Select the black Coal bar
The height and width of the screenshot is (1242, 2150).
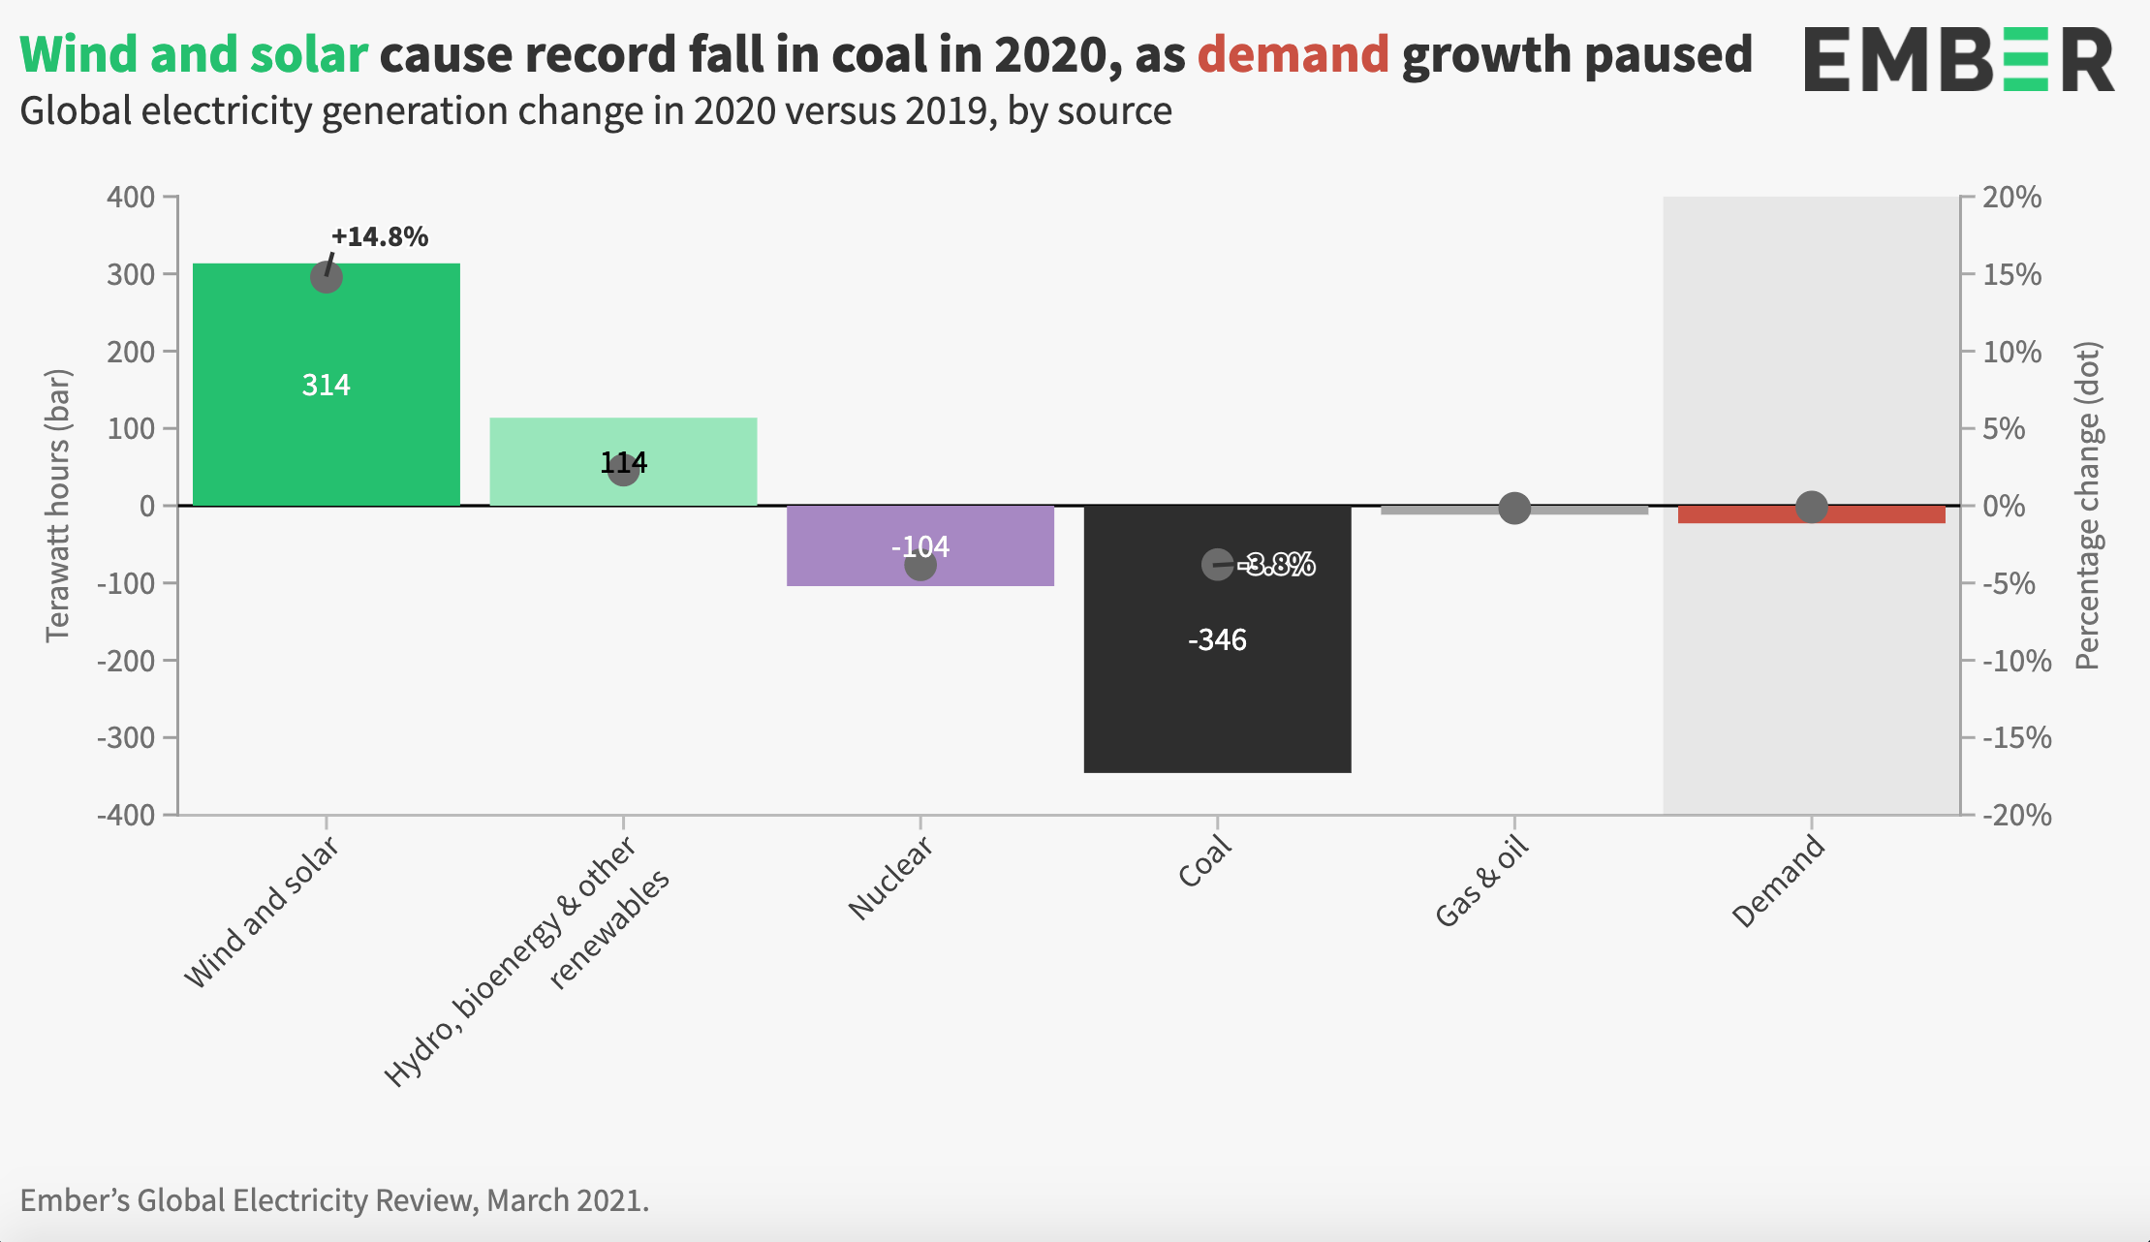click(1217, 698)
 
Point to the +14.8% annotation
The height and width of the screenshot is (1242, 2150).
click(380, 237)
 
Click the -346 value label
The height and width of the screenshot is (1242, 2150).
click(1217, 639)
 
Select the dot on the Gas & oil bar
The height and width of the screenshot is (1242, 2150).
click(1514, 508)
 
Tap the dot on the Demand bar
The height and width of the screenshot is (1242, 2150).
click(1811, 506)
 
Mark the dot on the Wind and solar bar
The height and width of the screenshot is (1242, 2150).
click(327, 278)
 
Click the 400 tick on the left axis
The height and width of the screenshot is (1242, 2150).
click(131, 198)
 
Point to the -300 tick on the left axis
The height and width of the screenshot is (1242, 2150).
click(126, 737)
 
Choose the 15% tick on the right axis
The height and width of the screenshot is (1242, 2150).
click(2011, 275)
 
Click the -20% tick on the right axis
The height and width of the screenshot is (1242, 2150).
click(2015, 815)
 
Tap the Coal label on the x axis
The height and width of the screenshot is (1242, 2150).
click(1204, 861)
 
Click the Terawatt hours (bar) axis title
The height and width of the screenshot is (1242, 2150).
click(58, 505)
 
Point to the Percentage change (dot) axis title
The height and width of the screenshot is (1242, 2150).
click(2087, 505)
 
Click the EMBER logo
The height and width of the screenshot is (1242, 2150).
click(1958, 59)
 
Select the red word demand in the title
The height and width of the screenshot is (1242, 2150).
click(1293, 54)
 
